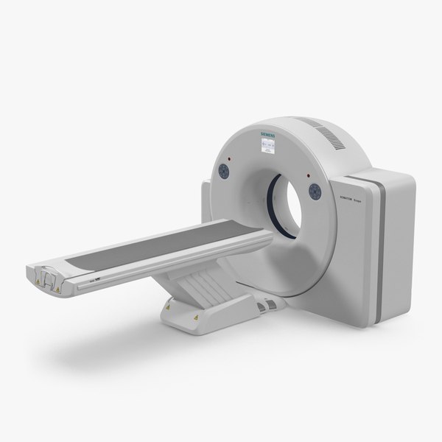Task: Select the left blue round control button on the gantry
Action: [x=223, y=171]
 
